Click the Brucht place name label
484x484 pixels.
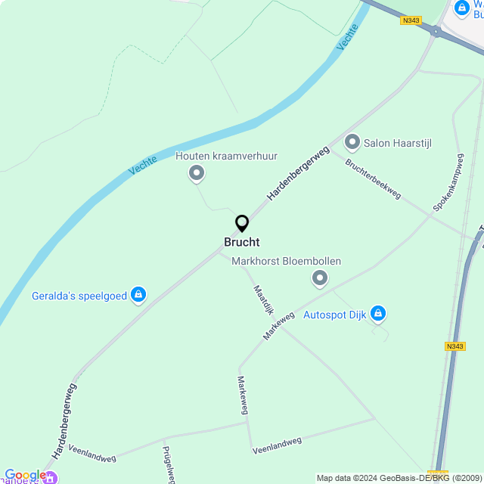(242, 242)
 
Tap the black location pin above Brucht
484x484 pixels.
(242, 224)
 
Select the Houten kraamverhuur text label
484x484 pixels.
(226, 157)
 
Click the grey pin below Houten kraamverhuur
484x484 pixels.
(197, 175)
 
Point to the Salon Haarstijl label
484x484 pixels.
(397, 143)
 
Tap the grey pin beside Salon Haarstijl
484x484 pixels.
(352, 142)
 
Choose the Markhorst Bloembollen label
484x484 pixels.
(286, 262)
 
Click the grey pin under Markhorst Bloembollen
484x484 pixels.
(320, 279)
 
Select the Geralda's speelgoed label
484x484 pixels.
(79, 295)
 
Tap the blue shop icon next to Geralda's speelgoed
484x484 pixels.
(138, 295)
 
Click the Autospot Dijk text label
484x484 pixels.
(334, 314)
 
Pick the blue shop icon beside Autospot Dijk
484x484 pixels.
(378, 313)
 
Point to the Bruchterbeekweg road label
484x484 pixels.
(373, 179)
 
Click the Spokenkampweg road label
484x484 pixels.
(448, 183)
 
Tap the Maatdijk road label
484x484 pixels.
(262, 300)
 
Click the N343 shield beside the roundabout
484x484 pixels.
(411, 20)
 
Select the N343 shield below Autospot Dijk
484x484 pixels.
(455, 346)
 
